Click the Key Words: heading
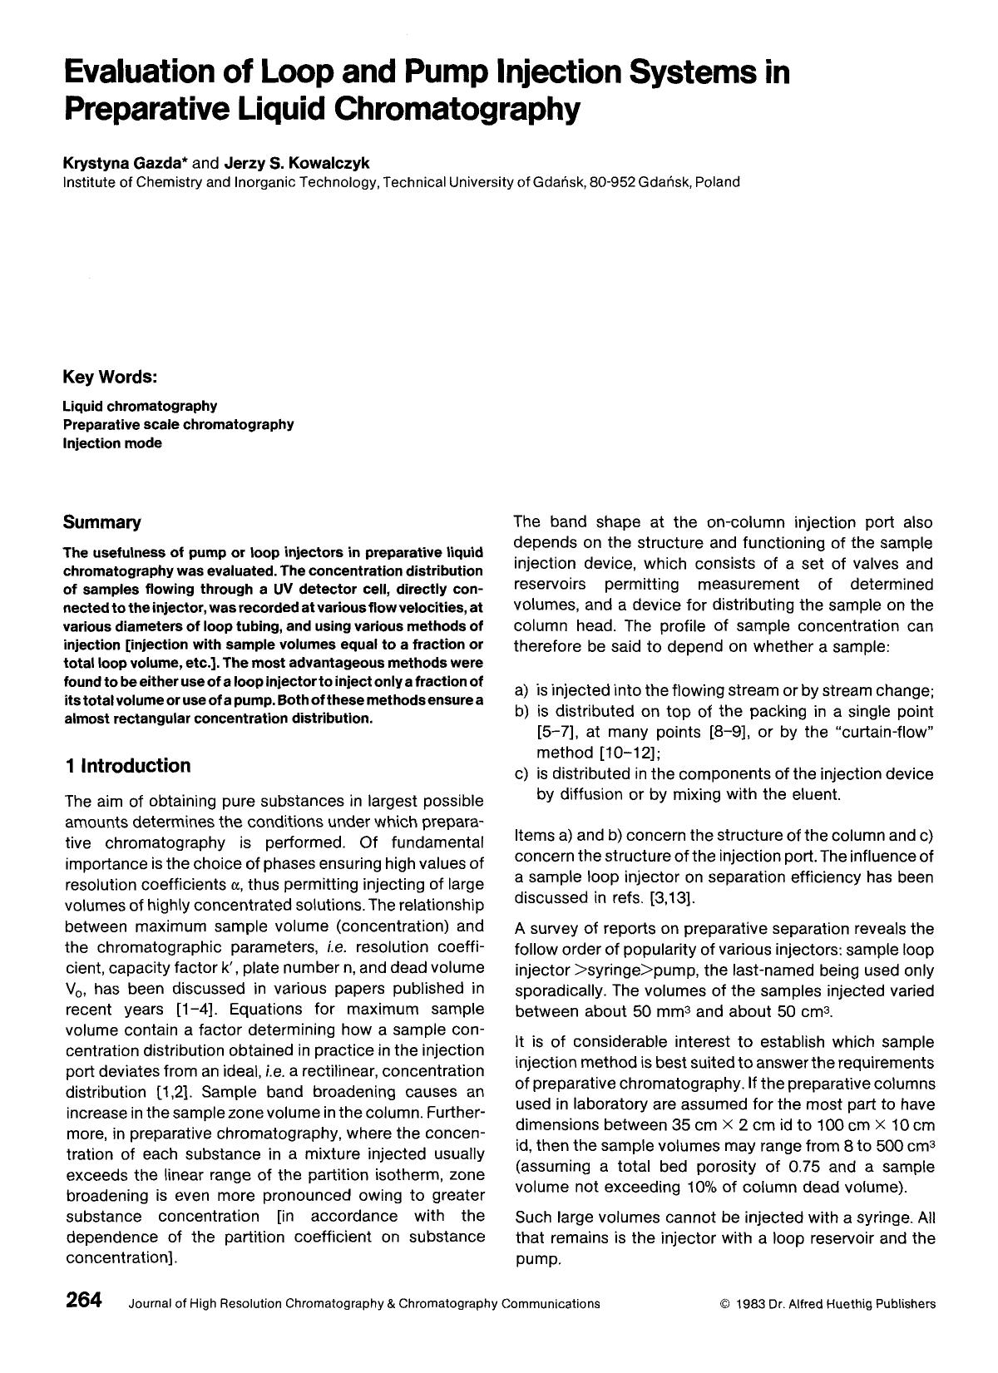[x=111, y=378]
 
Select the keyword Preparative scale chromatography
[x=178, y=425]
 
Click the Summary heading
[x=102, y=523]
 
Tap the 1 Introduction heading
[x=127, y=766]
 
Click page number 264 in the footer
[x=83, y=1301]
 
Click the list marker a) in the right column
[x=522, y=690]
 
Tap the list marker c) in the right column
[x=522, y=774]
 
